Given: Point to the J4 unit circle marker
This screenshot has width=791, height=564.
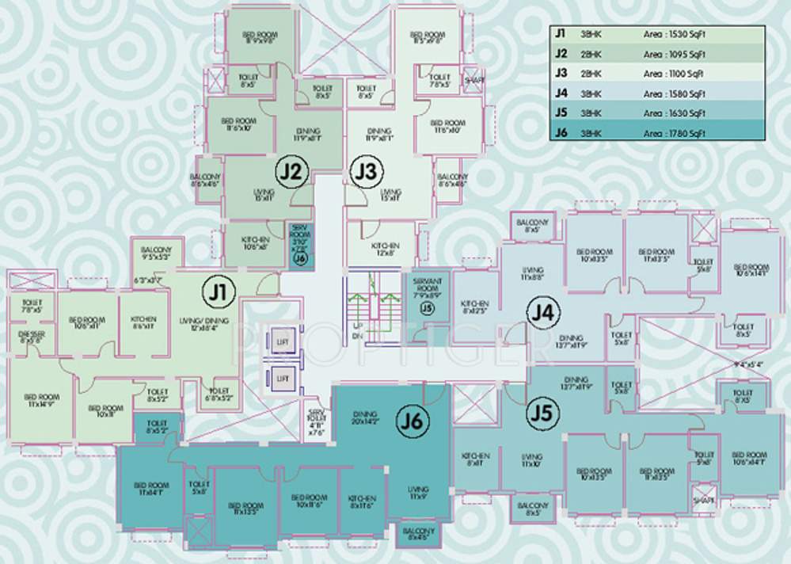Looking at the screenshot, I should click(542, 314).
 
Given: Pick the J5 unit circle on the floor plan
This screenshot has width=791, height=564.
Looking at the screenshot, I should click(542, 413).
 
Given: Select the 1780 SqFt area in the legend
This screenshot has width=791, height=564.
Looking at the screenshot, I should click(674, 133).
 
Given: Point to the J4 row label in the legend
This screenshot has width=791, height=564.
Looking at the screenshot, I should click(561, 93).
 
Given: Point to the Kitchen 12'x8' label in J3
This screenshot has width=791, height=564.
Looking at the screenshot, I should click(385, 250).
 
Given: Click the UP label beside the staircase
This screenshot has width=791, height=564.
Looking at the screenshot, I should click(356, 326).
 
